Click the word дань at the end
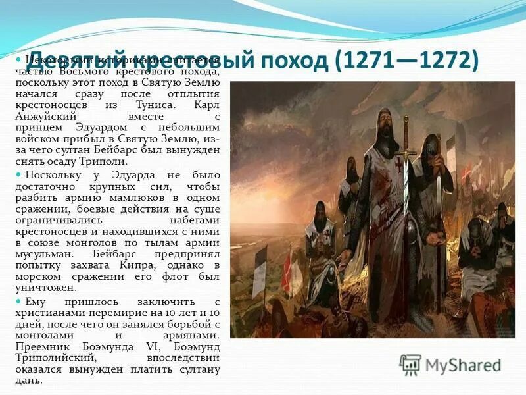35,380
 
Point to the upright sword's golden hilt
406,153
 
